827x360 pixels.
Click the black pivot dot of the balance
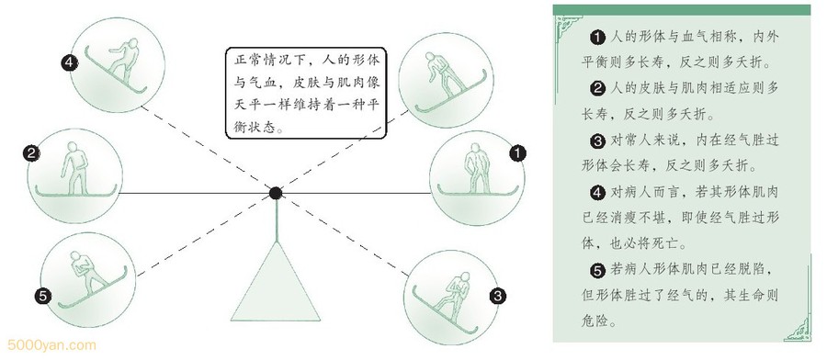click(x=276, y=193)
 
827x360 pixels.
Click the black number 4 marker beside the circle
click(x=69, y=63)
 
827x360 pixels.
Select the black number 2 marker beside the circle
click(x=31, y=153)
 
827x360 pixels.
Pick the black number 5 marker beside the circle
click(x=44, y=297)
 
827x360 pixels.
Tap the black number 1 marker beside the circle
click(x=517, y=153)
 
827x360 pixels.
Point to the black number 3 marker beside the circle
click(x=497, y=296)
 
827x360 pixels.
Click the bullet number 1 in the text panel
click(x=597, y=38)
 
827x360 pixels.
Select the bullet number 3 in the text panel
click(x=597, y=141)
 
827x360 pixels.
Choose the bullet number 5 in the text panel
click(x=597, y=270)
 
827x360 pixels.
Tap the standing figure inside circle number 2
click(x=75, y=168)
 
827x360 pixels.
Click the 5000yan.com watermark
click(x=51, y=346)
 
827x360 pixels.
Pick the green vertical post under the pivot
click(x=276, y=220)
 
